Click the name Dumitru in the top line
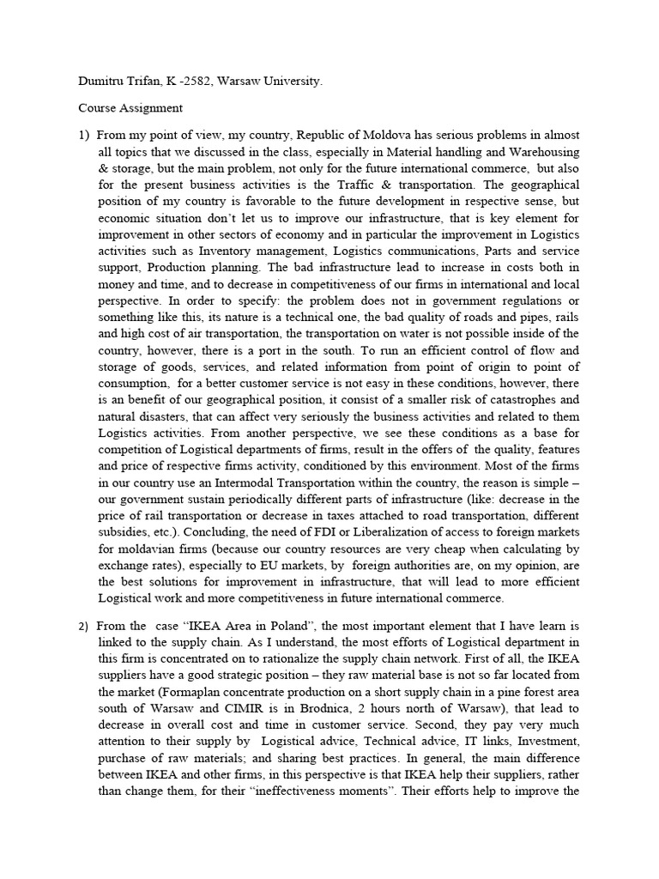point(104,82)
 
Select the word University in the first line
point(294,82)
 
